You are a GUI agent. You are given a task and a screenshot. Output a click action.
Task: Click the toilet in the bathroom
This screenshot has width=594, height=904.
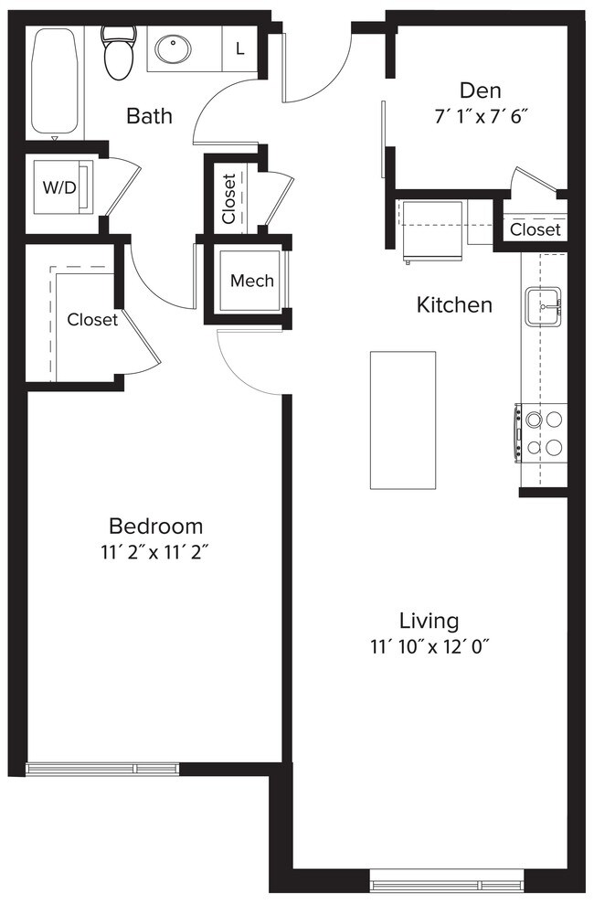point(118,53)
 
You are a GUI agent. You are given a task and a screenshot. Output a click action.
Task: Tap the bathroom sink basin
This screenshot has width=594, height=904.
point(168,48)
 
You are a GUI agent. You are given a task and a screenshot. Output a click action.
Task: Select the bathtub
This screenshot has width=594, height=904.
point(54,82)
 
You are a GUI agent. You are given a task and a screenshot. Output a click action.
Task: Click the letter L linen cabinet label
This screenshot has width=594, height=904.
point(240,49)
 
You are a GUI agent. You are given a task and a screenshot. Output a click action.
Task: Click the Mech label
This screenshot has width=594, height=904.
point(251,281)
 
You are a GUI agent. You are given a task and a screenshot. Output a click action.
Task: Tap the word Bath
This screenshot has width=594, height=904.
point(149,116)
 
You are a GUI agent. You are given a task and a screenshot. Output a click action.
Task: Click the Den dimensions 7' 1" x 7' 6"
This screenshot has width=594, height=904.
point(481,117)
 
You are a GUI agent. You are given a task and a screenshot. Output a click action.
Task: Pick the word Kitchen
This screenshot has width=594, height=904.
point(454,304)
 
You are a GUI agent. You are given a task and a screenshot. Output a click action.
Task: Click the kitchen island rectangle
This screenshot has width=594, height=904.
point(402,420)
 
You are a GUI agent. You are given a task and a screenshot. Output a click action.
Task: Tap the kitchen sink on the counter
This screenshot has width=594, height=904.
point(544,304)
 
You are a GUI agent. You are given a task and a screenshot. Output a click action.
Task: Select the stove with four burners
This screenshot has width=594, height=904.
point(539,433)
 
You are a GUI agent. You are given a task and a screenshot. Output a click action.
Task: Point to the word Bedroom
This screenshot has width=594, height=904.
point(155,526)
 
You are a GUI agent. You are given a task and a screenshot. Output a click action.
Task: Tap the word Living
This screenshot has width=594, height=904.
point(429,622)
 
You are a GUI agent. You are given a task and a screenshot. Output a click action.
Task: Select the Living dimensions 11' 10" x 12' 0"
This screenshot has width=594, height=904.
point(430,647)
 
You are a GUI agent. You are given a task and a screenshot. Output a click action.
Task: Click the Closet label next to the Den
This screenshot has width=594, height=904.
point(535,229)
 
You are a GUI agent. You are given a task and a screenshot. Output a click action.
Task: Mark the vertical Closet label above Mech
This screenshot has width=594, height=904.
point(229,198)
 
